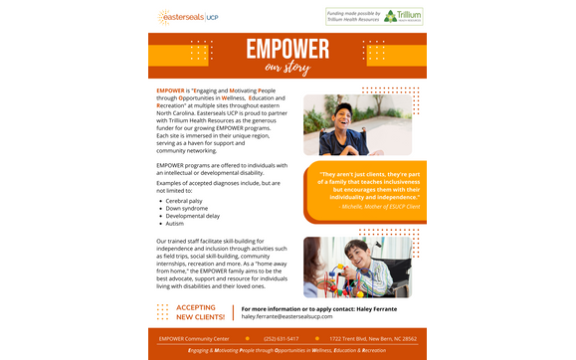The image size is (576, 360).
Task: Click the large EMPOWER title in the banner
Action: click(288, 50)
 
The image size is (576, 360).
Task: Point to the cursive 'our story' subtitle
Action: click(288, 69)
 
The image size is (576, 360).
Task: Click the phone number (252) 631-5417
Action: click(281, 339)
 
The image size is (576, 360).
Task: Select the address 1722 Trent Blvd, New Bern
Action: click(373, 339)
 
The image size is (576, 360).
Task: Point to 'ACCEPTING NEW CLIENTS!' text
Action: click(195, 312)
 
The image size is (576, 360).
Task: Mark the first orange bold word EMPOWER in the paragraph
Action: click(170, 90)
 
